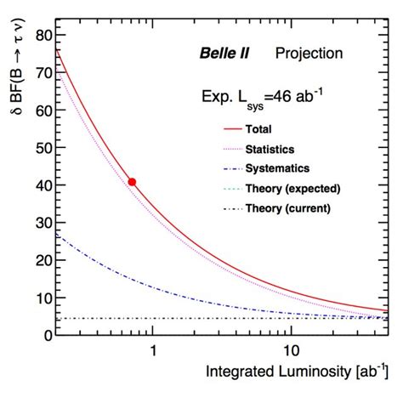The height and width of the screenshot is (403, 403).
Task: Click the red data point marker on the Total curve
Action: tap(132, 182)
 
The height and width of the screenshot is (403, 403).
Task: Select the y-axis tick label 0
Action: tap(38, 335)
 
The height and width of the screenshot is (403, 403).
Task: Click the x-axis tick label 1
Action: tap(153, 351)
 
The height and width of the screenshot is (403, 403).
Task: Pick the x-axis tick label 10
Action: tap(289, 351)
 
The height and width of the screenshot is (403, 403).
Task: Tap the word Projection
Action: tap(309, 54)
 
